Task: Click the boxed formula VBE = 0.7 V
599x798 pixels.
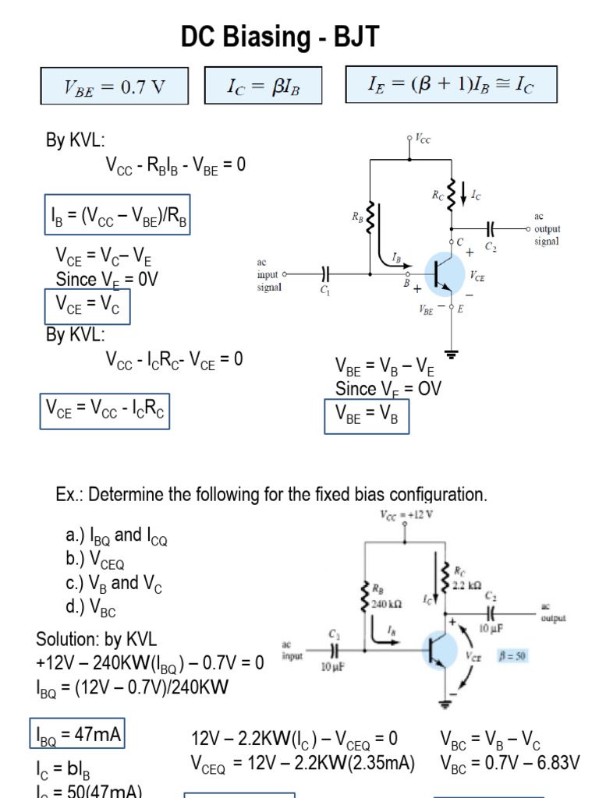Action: coord(115,87)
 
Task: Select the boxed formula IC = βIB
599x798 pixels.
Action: coord(263,87)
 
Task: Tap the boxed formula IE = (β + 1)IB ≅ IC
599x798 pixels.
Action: coord(451,84)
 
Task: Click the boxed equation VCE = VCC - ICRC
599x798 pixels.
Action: coord(105,411)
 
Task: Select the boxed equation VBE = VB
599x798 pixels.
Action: coord(367,415)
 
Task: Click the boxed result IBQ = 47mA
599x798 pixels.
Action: coord(77,734)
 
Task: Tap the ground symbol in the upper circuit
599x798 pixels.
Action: coord(451,353)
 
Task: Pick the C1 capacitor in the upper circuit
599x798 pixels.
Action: coord(325,274)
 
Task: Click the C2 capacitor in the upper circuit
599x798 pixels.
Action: coord(491,229)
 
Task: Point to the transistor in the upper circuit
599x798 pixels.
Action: coord(438,274)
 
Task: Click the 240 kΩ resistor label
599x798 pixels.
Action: coord(385,603)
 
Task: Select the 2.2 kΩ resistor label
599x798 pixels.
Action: coord(468,584)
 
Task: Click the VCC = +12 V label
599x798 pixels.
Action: coord(406,514)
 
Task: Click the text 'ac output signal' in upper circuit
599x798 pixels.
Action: coord(547,229)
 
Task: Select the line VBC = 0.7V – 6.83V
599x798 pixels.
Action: coord(510,763)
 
